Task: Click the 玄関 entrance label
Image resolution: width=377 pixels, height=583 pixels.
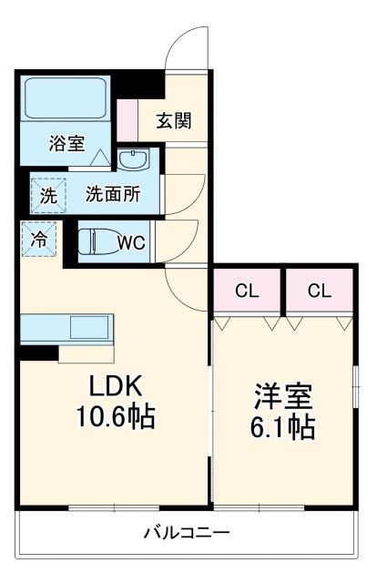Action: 172,119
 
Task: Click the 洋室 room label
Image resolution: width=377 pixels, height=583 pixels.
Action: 283,397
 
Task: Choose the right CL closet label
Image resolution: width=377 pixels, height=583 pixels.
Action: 319,291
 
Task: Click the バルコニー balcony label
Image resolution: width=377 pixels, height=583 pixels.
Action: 187,532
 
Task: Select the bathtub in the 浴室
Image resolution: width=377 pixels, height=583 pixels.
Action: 64,100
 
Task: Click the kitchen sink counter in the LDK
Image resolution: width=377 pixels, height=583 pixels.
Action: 66,327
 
